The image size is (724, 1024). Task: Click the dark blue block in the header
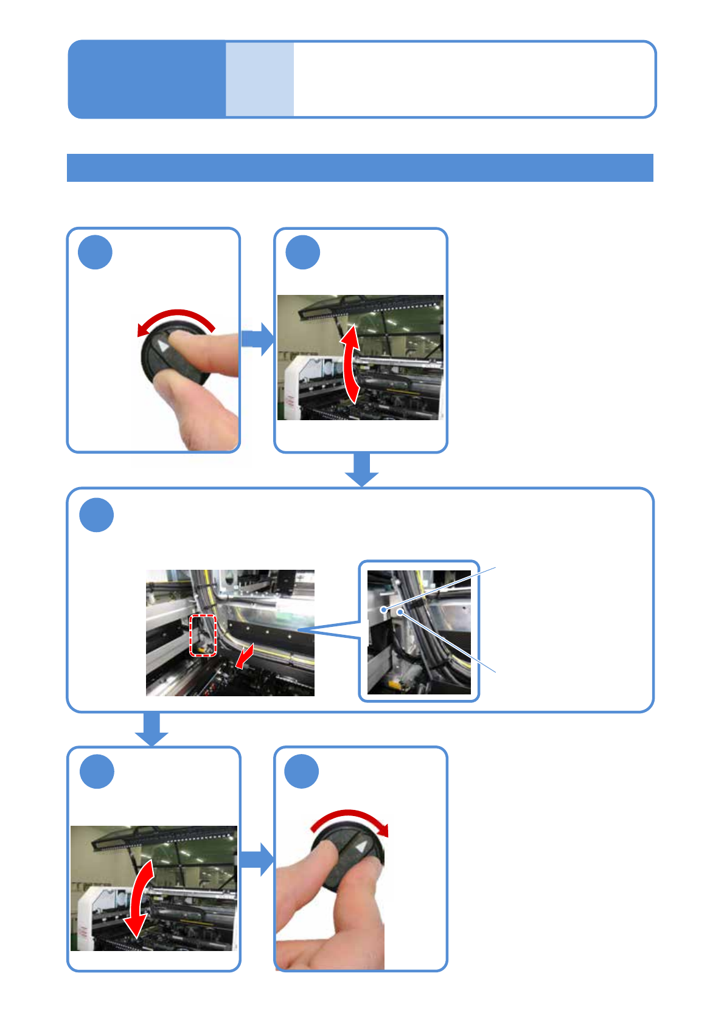(147, 79)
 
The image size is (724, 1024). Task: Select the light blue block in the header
(260, 79)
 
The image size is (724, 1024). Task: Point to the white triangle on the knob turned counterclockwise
(163, 345)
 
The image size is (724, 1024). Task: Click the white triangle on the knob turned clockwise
(361, 846)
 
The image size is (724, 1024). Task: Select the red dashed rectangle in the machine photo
(203, 635)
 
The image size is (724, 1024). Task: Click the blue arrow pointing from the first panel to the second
(258, 339)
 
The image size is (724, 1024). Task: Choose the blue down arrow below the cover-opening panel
(362, 469)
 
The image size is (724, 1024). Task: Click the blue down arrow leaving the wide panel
(151, 728)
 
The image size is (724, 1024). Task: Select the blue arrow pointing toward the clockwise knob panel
(257, 859)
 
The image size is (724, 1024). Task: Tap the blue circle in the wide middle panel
(96, 515)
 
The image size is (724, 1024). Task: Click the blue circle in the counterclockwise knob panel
(96, 253)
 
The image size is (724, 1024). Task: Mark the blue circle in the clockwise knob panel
(302, 772)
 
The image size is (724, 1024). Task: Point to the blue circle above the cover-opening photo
(303, 253)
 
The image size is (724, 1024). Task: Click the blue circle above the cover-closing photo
(97, 772)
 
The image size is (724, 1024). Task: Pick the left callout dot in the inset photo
(383, 609)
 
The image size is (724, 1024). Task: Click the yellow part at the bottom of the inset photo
(395, 685)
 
